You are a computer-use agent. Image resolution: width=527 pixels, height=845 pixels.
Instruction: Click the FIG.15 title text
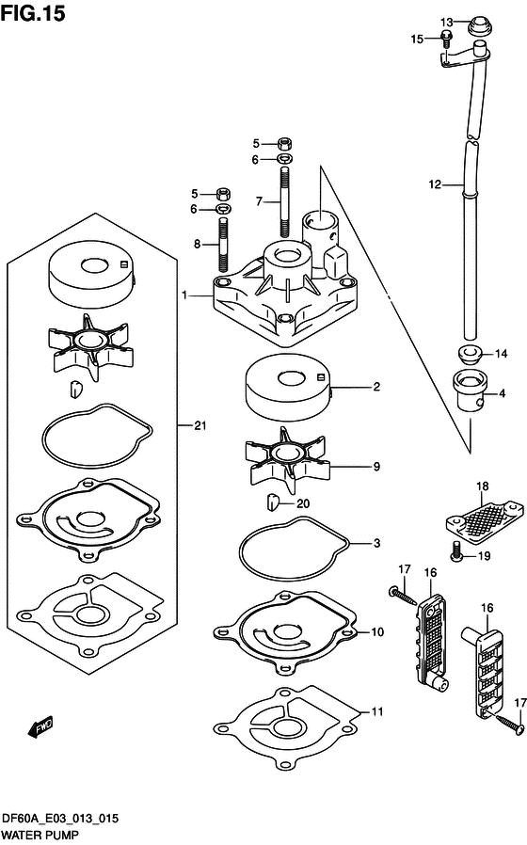pyautogui.click(x=33, y=13)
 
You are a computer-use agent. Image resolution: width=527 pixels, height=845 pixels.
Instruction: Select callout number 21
pyautogui.click(x=200, y=425)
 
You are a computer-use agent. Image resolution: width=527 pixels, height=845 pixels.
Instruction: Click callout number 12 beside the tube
pyautogui.click(x=435, y=184)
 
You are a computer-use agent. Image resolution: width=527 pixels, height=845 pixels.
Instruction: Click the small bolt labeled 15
pyautogui.click(x=446, y=39)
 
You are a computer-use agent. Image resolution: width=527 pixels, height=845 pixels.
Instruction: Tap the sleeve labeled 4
pyautogui.click(x=470, y=391)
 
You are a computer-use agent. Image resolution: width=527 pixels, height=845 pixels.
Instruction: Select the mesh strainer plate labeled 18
pyautogui.click(x=484, y=518)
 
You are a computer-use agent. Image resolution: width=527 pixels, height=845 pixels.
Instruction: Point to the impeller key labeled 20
pyautogui.click(x=272, y=502)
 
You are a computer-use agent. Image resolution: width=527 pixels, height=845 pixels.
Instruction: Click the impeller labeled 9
pyautogui.click(x=287, y=460)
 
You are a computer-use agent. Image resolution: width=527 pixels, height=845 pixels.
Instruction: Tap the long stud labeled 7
pyautogui.click(x=285, y=201)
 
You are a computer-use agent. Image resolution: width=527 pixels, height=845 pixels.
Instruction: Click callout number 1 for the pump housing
pyautogui.click(x=184, y=295)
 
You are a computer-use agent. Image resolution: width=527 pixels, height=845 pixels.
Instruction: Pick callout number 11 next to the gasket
pyautogui.click(x=377, y=712)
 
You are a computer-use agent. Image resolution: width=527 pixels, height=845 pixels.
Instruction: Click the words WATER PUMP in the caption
pyautogui.click(x=40, y=835)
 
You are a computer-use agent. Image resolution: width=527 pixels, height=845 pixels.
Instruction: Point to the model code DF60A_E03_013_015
pyautogui.click(x=60, y=820)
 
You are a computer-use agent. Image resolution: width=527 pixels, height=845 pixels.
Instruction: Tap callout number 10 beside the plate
pyautogui.click(x=377, y=631)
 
